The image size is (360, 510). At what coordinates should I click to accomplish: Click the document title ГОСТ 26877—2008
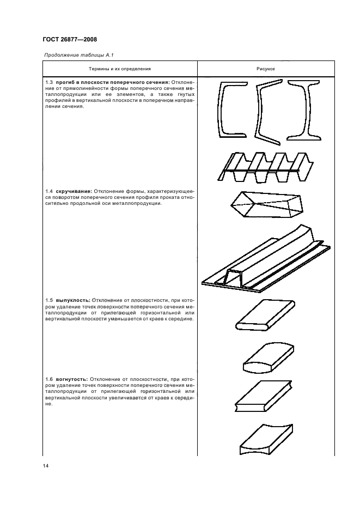point(69,40)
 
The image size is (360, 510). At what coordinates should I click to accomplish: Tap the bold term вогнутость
point(72,378)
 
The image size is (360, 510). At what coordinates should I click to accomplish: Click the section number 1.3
point(50,82)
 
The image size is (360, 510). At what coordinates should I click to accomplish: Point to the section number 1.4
point(50,191)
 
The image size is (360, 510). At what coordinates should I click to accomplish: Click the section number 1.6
point(50,378)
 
